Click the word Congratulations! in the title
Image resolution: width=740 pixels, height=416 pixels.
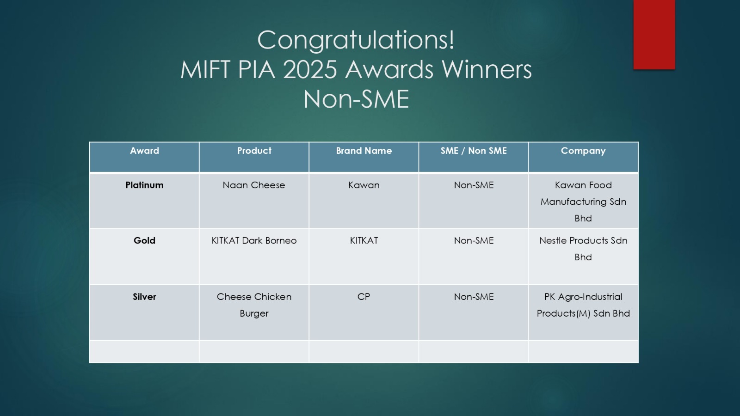356,40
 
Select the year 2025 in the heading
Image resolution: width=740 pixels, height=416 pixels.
310,70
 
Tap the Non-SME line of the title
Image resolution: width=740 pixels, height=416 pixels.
356,99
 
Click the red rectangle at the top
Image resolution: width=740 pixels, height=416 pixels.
654,35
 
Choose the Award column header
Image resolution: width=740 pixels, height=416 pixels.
144,151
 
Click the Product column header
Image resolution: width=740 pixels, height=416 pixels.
254,151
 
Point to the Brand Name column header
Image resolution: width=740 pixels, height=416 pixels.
364,151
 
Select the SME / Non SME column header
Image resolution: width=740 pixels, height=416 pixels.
474,151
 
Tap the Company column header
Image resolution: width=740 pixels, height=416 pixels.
583,151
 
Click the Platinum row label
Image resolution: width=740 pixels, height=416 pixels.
144,185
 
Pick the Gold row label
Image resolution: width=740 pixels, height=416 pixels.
144,240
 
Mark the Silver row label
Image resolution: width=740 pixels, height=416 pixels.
144,296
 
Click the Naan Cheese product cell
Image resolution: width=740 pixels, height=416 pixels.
254,185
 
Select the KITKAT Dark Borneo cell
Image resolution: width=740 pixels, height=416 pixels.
254,240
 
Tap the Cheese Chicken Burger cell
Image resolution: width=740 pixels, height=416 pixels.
254,305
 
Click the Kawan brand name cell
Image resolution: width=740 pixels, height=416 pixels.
364,185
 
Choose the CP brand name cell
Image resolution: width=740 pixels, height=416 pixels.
364,296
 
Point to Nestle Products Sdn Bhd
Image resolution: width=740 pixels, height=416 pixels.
583,249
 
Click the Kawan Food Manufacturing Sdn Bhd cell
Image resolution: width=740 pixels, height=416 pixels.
583,202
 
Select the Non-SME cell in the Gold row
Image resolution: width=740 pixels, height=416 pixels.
474,240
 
